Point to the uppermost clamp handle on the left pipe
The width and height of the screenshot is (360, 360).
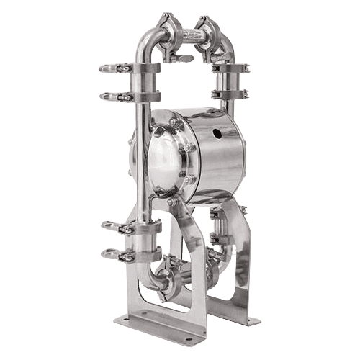click(112, 68)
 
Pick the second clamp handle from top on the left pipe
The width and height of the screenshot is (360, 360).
click(112, 96)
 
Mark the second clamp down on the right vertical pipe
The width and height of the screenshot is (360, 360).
click(230, 94)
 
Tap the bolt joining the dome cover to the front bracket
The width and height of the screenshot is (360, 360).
click(173, 202)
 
